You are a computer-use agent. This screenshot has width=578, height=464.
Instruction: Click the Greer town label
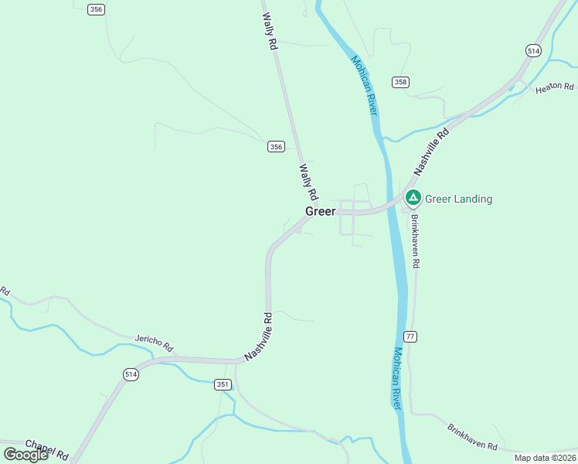pyautogui.click(x=321, y=211)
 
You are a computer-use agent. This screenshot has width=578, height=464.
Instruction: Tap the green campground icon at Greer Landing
pyautogui.click(x=413, y=199)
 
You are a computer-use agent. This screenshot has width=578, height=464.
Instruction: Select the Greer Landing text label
pyautogui.click(x=458, y=199)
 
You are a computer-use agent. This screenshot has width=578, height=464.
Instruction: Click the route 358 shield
pyautogui.click(x=400, y=82)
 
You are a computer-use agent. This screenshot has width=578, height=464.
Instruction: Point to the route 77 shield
pyautogui.click(x=410, y=336)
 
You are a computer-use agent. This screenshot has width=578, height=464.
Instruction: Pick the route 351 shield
pyautogui.click(x=223, y=384)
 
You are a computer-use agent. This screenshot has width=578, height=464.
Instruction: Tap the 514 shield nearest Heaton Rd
pyautogui.click(x=533, y=50)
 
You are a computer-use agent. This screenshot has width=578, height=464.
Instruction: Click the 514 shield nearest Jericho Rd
pyautogui.click(x=130, y=374)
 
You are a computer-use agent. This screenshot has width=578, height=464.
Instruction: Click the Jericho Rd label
pyautogui.click(x=154, y=343)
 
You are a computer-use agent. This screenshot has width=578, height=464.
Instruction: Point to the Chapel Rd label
pyautogui.click(x=47, y=449)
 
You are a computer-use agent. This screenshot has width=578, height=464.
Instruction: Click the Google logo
pyautogui.click(x=25, y=455)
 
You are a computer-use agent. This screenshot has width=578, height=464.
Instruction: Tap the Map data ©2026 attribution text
pyautogui.click(x=544, y=458)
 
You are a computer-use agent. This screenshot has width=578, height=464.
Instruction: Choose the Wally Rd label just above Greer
pyautogui.click(x=309, y=181)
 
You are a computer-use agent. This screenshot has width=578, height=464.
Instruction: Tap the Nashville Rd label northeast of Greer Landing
pyautogui.click(x=430, y=151)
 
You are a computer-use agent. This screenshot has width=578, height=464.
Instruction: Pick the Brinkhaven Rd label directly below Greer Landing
pyautogui.click(x=415, y=241)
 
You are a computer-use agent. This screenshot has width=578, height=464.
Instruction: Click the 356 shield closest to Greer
pyautogui.click(x=277, y=147)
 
